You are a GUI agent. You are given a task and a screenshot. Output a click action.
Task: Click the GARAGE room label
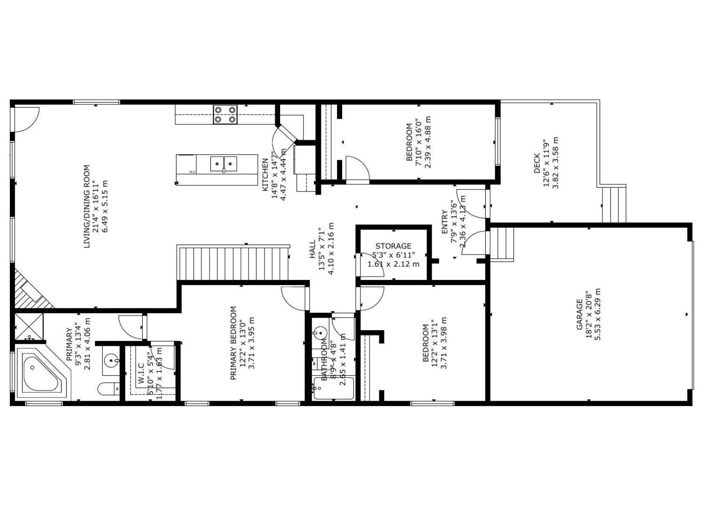tap(580, 314)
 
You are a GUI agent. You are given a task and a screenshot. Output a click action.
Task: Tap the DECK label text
tap(537, 163)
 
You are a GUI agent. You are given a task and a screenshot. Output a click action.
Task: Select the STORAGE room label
tap(393, 246)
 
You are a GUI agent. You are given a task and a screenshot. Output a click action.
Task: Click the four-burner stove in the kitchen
tap(225, 114)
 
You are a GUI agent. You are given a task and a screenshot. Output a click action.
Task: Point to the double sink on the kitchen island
tap(224, 164)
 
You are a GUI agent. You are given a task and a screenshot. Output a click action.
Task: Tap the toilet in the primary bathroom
tap(108, 389)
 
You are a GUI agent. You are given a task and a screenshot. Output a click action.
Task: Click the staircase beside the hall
tap(233, 263)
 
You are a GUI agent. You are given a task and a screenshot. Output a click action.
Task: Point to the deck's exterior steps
tap(614, 204)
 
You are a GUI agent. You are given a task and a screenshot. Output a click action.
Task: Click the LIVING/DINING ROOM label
tap(87, 206)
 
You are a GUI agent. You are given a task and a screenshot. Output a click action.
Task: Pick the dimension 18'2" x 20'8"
tap(589, 314)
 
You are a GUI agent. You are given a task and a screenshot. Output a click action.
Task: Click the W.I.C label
tap(141, 372)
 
